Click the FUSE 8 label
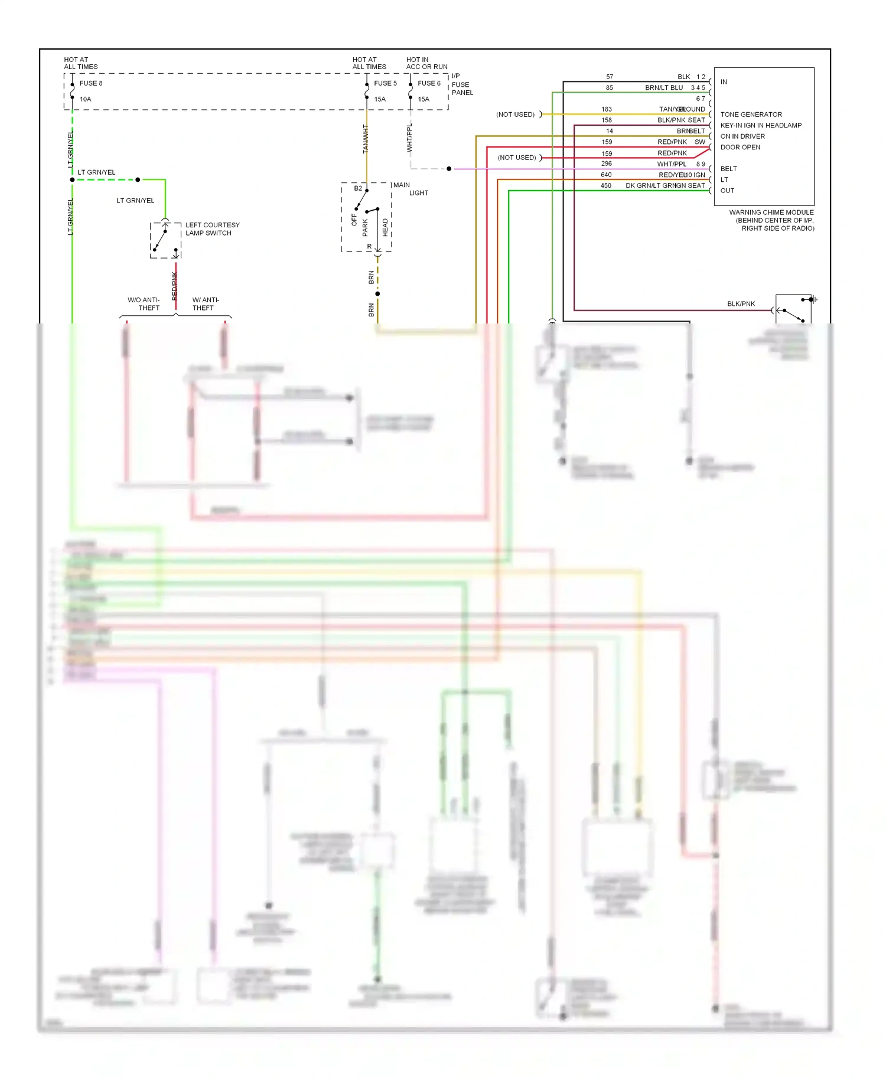pyautogui.click(x=91, y=83)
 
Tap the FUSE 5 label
pyautogui.click(x=385, y=83)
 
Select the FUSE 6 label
pyautogui.click(x=429, y=83)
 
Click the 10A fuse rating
pyautogui.click(x=86, y=99)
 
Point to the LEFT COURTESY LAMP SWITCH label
pyautogui.click(x=212, y=229)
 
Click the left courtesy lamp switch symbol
pyautogui.click(x=165, y=241)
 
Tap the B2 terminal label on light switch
pyautogui.click(x=358, y=188)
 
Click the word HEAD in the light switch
pyautogui.click(x=385, y=227)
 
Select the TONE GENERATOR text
pyautogui.click(x=751, y=115)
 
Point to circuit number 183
pyautogui.click(x=607, y=109)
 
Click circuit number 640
pyautogui.click(x=606, y=175)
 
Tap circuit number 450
pyautogui.click(x=606, y=185)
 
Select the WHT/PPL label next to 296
pyautogui.click(x=672, y=164)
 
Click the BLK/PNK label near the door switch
pyautogui.click(x=741, y=304)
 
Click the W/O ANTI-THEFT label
pyautogui.click(x=144, y=304)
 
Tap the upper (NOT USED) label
pyautogui.click(x=515, y=115)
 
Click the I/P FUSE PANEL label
pyautogui.click(x=462, y=84)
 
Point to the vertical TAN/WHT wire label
pyautogui.click(x=366, y=139)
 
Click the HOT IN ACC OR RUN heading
pyautogui.click(x=426, y=63)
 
